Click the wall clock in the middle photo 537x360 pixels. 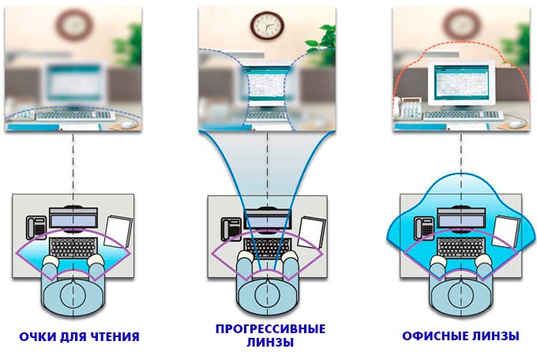tap(267, 25)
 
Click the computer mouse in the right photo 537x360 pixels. tap(516, 124)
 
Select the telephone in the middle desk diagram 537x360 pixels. tap(231, 227)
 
